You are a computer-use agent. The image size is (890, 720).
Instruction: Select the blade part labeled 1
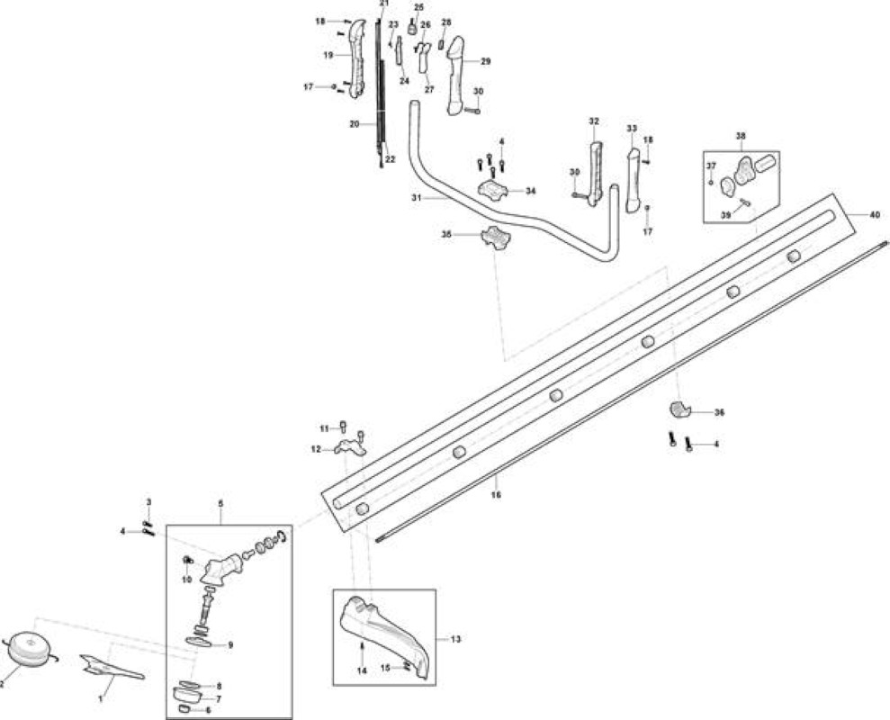pyautogui.click(x=112, y=668)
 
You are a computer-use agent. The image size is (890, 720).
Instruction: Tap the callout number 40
pyautogui.click(x=874, y=215)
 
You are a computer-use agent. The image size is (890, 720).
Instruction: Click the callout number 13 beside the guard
pyautogui.click(x=455, y=639)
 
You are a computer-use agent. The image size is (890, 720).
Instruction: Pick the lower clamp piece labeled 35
pyautogui.click(x=496, y=237)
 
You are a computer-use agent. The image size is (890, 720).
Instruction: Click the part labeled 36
pyautogui.click(x=679, y=409)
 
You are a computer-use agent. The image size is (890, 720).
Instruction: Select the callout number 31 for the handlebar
pyautogui.click(x=417, y=198)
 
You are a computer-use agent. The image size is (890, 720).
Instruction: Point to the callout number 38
pyautogui.click(x=741, y=136)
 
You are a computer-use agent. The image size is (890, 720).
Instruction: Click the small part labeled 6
pyautogui.click(x=185, y=709)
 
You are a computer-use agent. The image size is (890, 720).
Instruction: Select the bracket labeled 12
pyautogui.click(x=350, y=448)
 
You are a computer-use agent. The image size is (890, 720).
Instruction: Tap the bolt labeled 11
pyautogui.click(x=343, y=427)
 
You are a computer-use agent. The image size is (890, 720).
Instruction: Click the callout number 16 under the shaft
pyautogui.click(x=496, y=495)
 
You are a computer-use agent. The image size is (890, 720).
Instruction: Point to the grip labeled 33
pyautogui.click(x=634, y=181)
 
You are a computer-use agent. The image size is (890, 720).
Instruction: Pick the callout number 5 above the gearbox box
pyautogui.click(x=220, y=504)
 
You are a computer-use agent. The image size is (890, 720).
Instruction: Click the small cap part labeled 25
pyautogui.click(x=412, y=28)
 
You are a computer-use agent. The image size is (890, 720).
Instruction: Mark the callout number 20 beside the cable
pyautogui.click(x=355, y=124)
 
